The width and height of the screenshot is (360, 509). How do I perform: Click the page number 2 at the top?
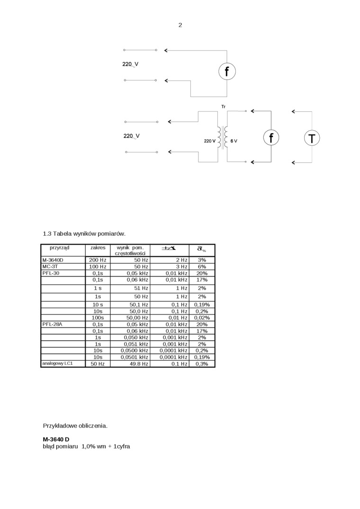(180, 25)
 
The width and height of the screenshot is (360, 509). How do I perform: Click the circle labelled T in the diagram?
(312, 138)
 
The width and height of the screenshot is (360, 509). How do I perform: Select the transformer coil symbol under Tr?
(223, 137)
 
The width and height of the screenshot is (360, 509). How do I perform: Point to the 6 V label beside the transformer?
(234, 142)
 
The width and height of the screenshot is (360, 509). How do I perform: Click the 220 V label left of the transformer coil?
(209, 142)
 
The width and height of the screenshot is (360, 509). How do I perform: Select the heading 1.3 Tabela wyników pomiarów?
(84, 234)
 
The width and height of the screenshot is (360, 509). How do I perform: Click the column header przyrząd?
(60, 248)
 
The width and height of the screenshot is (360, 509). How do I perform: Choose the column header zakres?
(98, 248)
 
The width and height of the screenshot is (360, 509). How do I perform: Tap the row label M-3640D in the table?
(53, 260)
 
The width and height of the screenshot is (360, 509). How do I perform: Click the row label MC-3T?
(50, 267)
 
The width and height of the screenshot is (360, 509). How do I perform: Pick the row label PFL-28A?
(52, 324)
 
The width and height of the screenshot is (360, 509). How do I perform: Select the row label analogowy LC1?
(57, 364)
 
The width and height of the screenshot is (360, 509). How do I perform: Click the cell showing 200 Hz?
(98, 260)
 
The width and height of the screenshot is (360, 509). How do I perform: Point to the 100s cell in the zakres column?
(98, 318)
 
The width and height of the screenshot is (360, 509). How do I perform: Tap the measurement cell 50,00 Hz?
(137, 318)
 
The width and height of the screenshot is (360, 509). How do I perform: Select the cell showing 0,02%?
(202, 318)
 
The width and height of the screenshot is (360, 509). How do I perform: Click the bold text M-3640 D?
(56, 439)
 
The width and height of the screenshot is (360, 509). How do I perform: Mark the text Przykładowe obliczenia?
(75, 426)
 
